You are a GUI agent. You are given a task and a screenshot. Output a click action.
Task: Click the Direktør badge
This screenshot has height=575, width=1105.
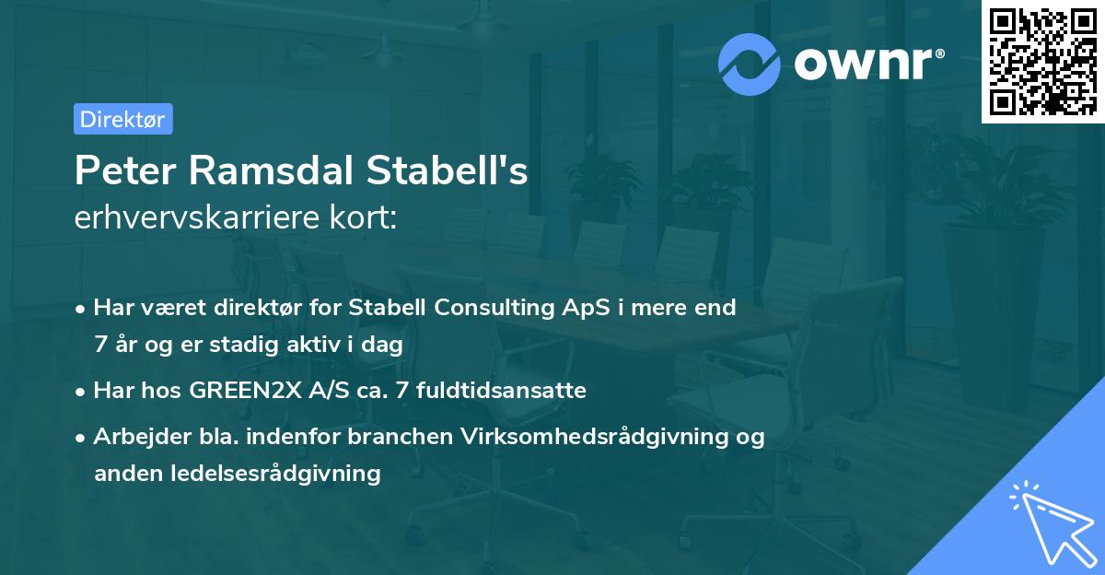click(x=122, y=119)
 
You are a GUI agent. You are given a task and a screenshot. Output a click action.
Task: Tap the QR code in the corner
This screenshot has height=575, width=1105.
click(x=1042, y=61)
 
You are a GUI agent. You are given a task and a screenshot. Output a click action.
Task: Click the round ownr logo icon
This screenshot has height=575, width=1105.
click(x=750, y=64)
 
